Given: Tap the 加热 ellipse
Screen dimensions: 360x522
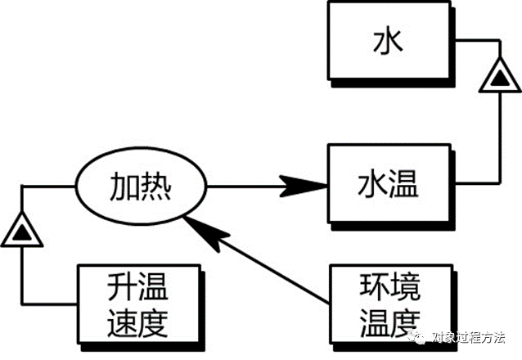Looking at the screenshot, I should tap(141, 188).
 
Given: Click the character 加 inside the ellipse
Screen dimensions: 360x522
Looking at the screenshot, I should tap(124, 188).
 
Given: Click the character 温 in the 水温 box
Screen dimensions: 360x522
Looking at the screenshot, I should tap(403, 185).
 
